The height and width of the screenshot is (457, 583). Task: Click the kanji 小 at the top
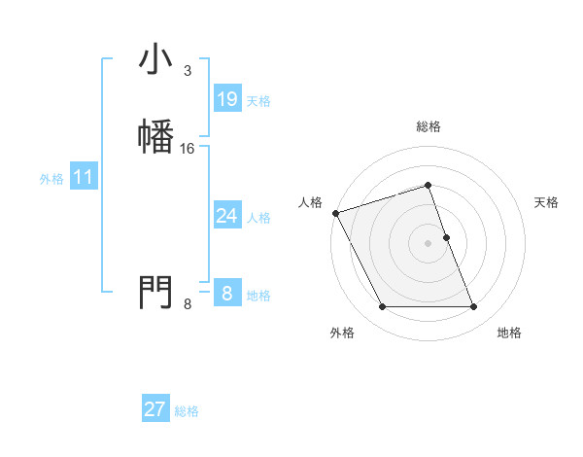(x=155, y=60)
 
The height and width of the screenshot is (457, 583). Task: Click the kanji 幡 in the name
(x=155, y=135)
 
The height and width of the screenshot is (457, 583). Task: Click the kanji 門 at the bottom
(x=155, y=291)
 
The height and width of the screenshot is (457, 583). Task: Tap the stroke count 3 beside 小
(x=187, y=71)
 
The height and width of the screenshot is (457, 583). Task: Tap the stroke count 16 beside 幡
(x=188, y=148)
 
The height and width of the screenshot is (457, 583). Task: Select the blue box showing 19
(x=226, y=99)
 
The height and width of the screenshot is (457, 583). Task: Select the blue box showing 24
(x=226, y=216)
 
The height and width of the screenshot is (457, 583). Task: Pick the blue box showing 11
(x=84, y=177)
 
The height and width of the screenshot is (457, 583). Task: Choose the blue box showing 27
(x=155, y=409)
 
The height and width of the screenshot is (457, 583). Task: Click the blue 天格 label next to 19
(x=258, y=101)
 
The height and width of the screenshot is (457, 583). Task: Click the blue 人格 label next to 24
(x=258, y=218)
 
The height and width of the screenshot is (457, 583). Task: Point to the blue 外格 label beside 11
(x=51, y=179)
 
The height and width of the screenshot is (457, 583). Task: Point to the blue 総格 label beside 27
(x=187, y=411)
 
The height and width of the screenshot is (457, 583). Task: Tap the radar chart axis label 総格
(x=429, y=127)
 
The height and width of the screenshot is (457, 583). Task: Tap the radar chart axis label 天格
(x=546, y=202)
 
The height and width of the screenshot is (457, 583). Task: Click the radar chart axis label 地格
(x=509, y=333)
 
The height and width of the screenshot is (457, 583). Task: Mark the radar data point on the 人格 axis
(x=335, y=213)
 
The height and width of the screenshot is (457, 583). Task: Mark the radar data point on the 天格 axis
(x=446, y=237)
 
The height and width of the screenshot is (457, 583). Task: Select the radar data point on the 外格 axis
(x=382, y=307)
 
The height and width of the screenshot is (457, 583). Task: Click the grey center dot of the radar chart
(x=429, y=243)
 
